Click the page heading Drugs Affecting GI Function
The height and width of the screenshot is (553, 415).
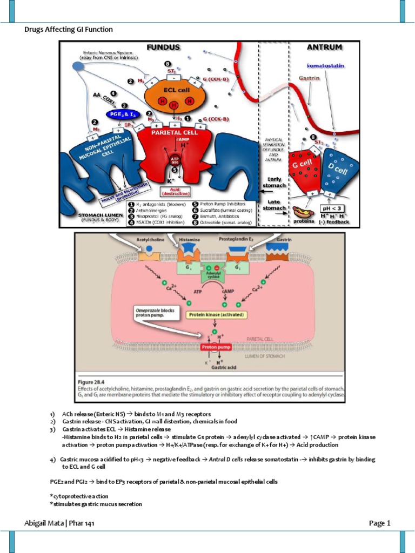click(x=69, y=29)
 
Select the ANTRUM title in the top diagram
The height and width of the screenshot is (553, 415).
click(x=324, y=47)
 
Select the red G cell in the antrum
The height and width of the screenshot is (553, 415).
click(x=304, y=169)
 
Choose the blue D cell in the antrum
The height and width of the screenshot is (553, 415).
click(x=338, y=171)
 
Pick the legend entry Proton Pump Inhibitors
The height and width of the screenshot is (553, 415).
click(x=223, y=204)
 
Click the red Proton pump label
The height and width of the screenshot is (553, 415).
click(x=216, y=348)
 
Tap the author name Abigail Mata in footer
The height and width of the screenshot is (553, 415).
click(x=45, y=523)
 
